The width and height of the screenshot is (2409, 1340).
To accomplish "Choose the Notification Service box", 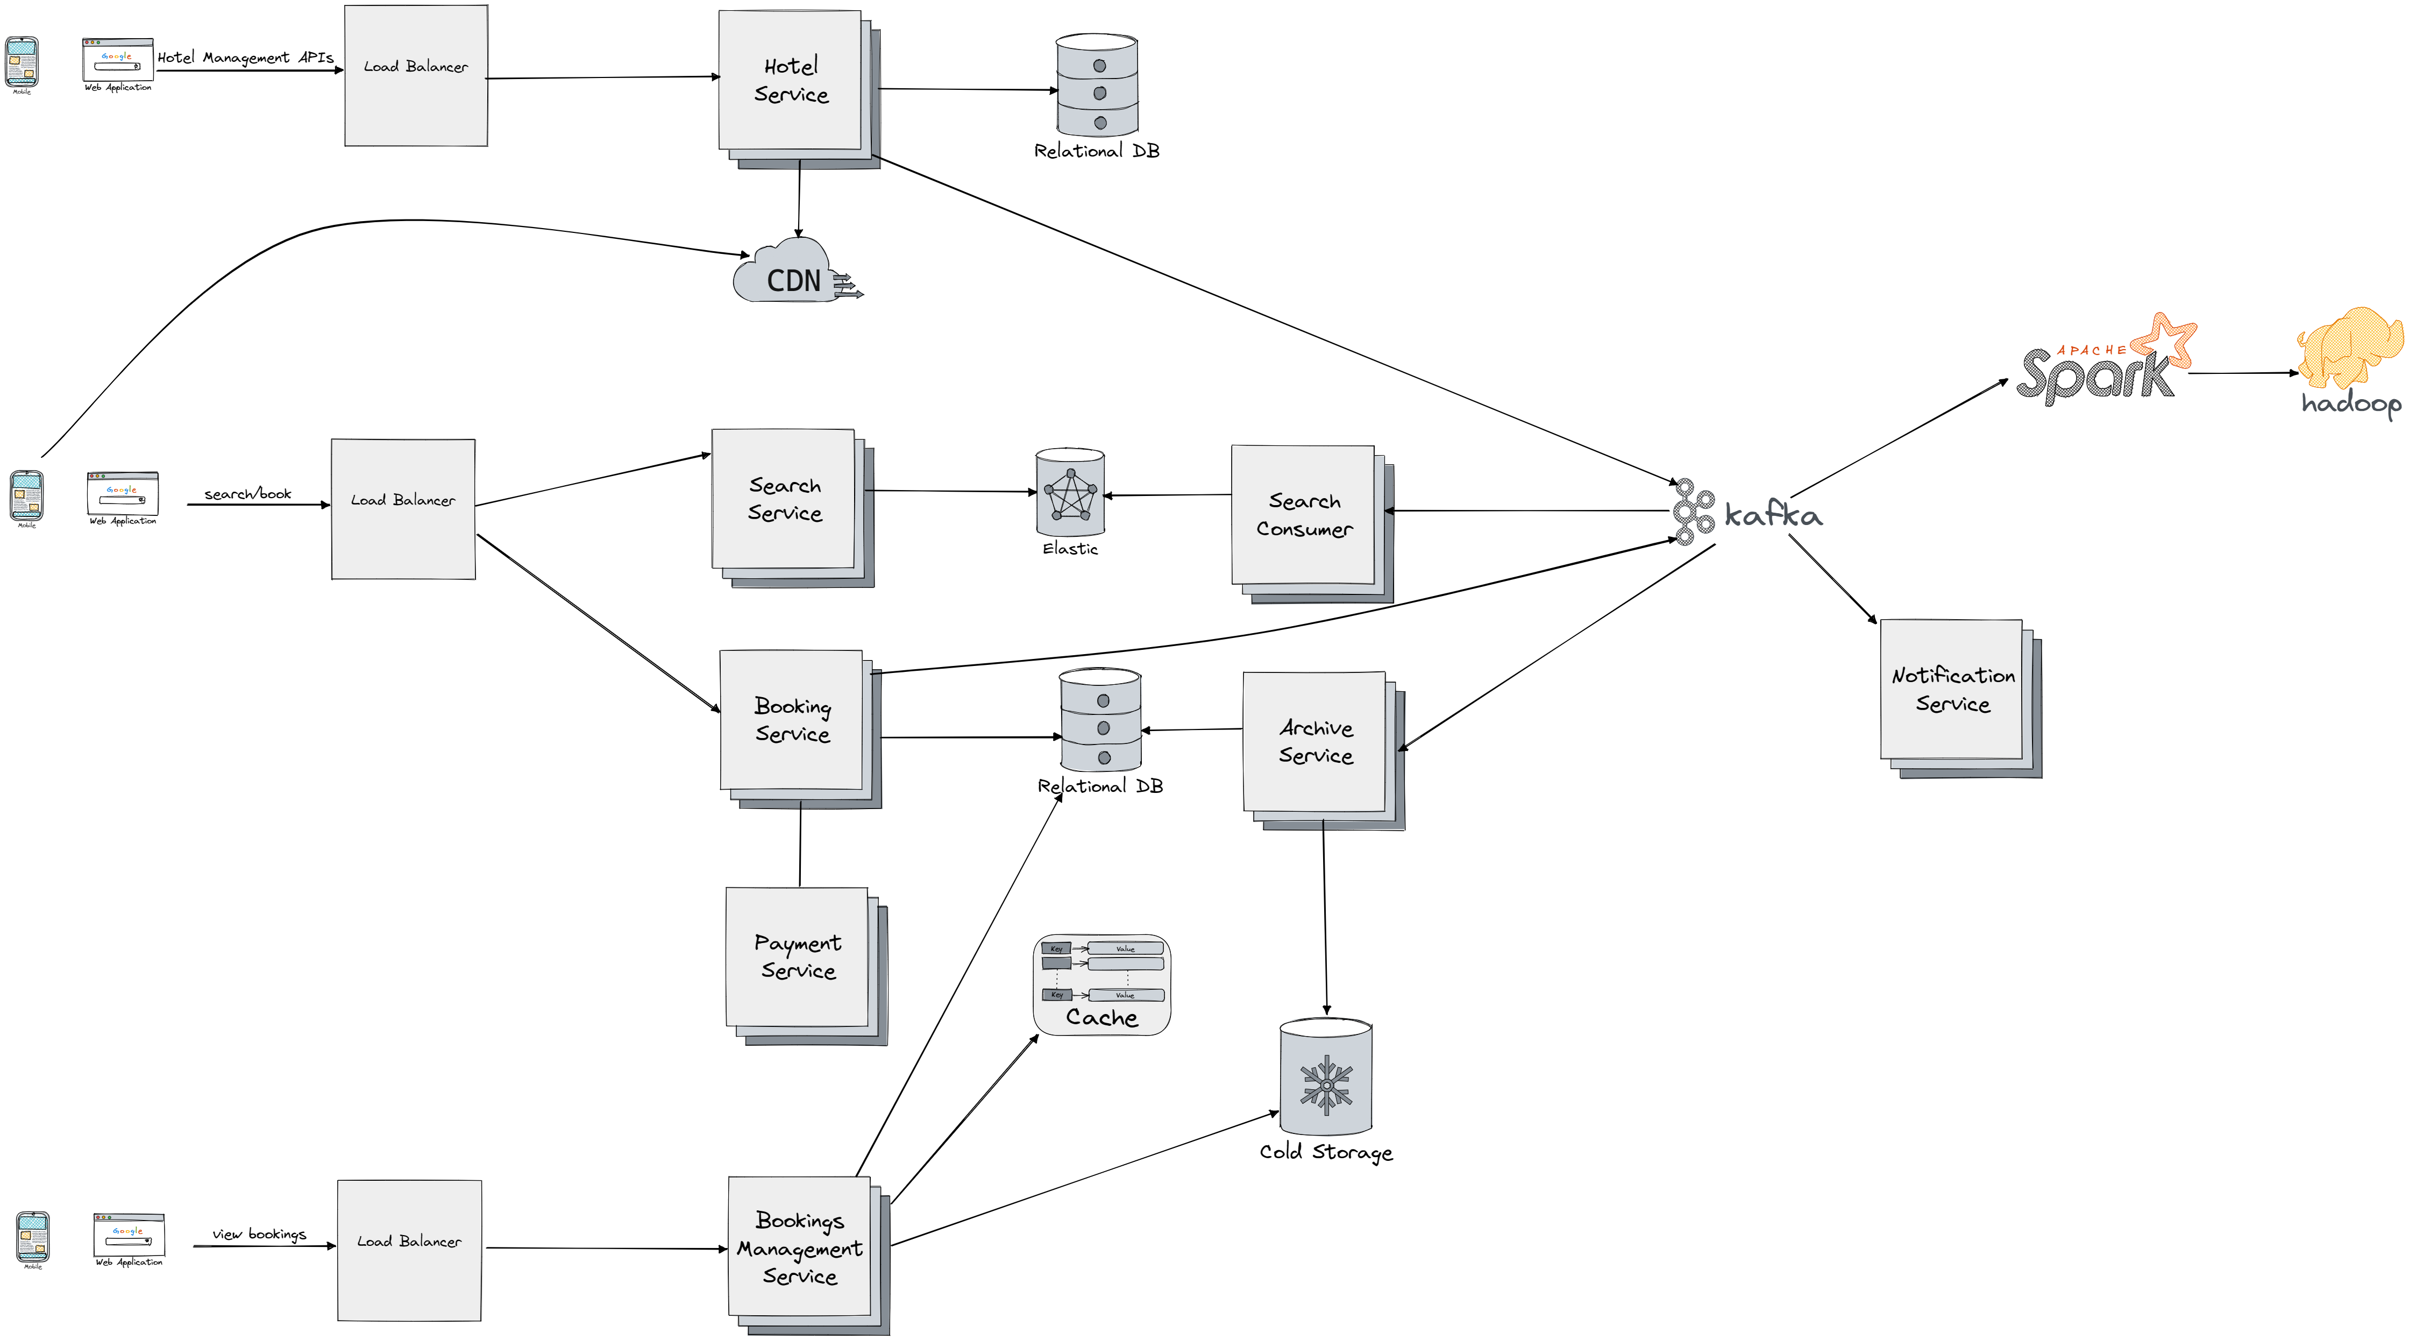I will coord(1952,690).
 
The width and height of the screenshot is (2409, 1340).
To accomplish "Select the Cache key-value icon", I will coord(1102,984).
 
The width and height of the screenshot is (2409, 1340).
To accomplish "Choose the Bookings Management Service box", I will coord(800,1247).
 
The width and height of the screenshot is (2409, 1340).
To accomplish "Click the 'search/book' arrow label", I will coord(248,494).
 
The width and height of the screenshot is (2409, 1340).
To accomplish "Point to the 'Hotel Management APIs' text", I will coord(245,57).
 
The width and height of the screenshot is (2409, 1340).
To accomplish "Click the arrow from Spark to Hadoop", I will coord(2243,373).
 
